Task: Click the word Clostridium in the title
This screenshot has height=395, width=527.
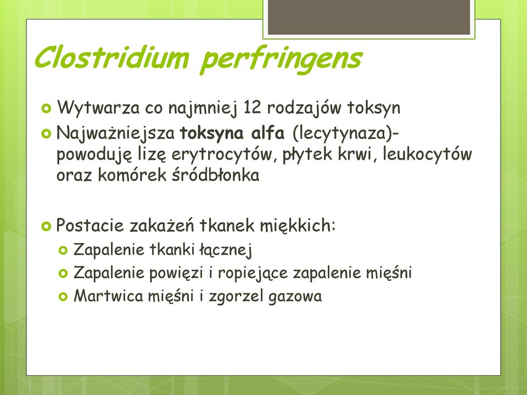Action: pos(111,58)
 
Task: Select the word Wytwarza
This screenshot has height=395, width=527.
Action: pos(98,109)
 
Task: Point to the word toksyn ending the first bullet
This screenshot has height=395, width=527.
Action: pos(374,109)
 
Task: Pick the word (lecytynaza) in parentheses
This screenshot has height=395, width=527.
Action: pos(343,133)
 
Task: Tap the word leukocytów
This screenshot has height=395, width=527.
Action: pos(427,154)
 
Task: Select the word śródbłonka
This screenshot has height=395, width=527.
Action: pos(215,175)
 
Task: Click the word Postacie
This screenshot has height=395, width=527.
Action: pos(90,225)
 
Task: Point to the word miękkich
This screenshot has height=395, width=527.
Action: pos(298,225)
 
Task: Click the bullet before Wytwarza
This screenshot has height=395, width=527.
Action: pos(46,109)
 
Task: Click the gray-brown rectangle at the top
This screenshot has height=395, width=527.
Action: pos(369,17)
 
